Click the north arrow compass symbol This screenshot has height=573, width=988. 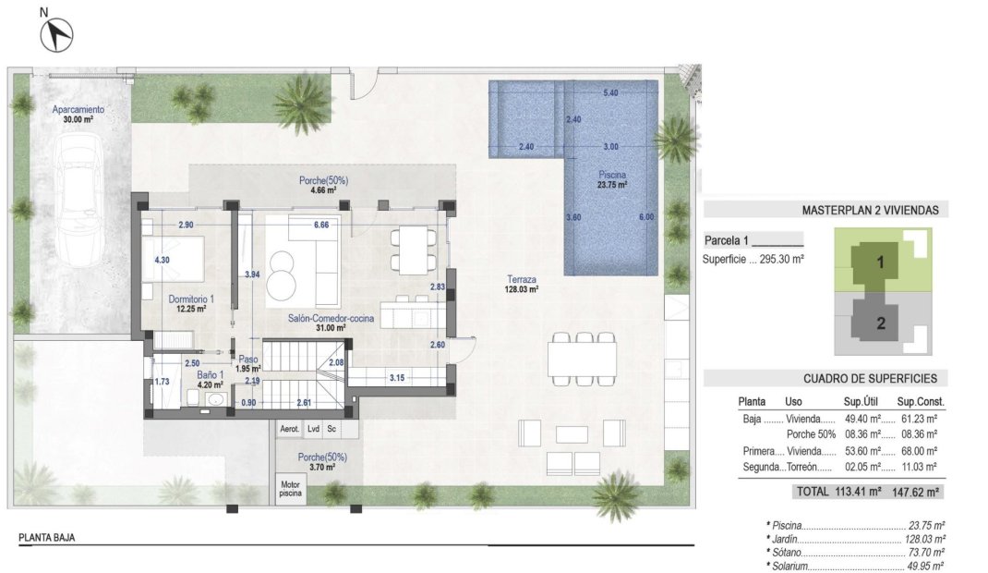pyautogui.click(x=57, y=34)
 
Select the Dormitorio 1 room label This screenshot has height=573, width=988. pyautogui.click(x=191, y=304)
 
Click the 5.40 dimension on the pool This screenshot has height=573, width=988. pyautogui.click(x=610, y=93)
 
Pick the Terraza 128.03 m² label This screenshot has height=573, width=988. pyautogui.click(x=522, y=284)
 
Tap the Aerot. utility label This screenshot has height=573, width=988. pyautogui.click(x=289, y=430)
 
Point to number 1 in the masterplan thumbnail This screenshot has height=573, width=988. pyautogui.click(x=880, y=262)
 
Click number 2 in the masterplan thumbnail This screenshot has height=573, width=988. pyautogui.click(x=880, y=323)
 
